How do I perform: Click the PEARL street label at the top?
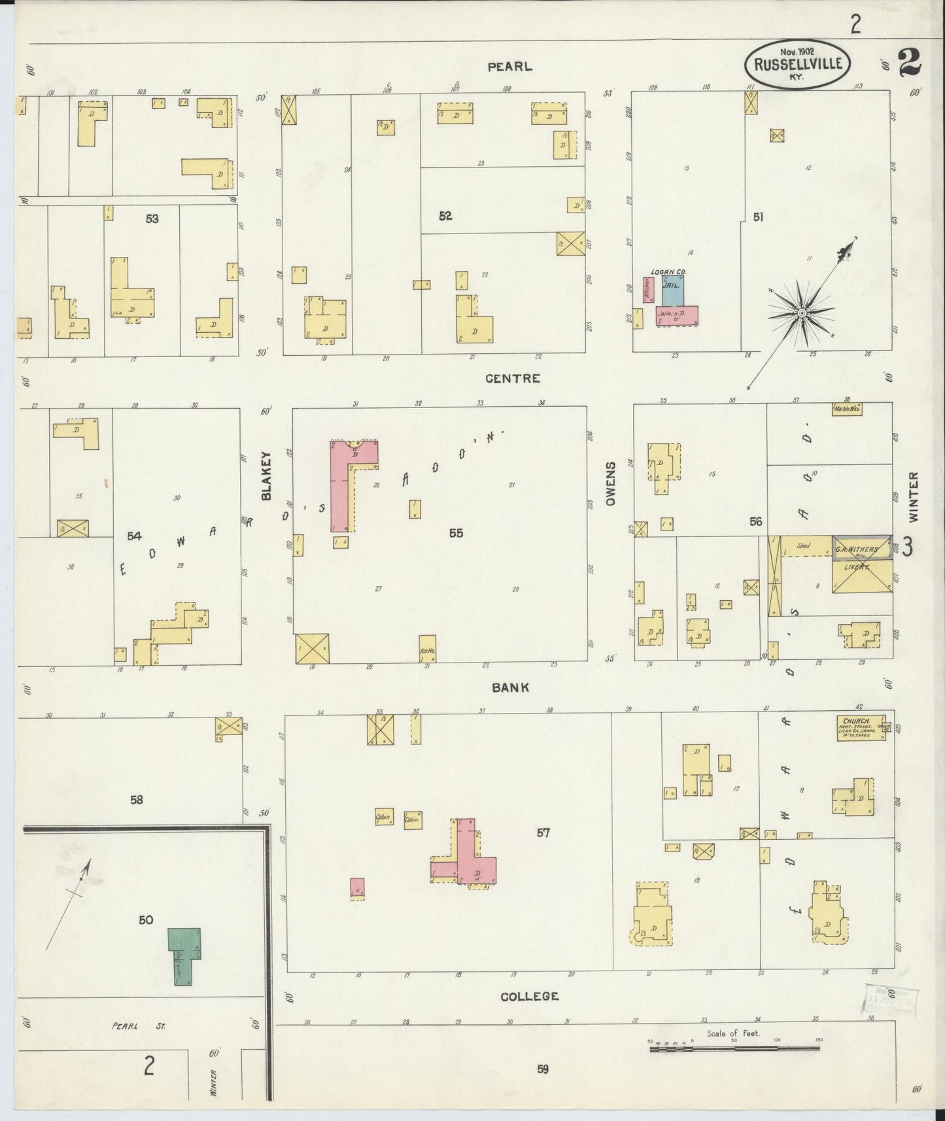pyautogui.click(x=509, y=67)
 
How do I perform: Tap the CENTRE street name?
pyautogui.click(x=513, y=378)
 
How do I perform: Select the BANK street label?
pyautogui.click(x=511, y=687)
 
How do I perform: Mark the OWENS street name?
pyautogui.click(x=611, y=484)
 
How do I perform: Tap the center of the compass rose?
pyautogui.click(x=801, y=315)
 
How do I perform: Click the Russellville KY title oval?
pyautogui.click(x=797, y=65)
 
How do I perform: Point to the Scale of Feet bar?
pyautogui.click(x=732, y=1048)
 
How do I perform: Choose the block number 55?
pyautogui.click(x=456, y=533)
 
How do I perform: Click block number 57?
pyautogui.click(x=543, y=833)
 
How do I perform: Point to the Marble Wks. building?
pyautogui.click(x=848, y=409)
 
